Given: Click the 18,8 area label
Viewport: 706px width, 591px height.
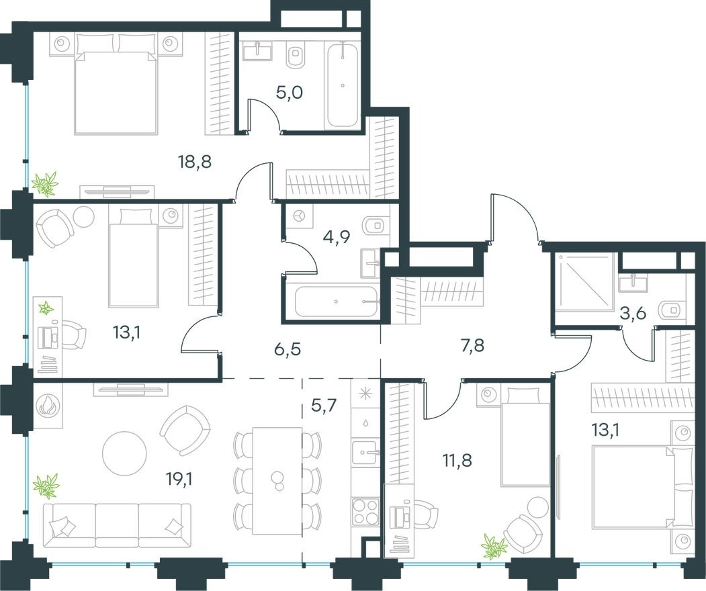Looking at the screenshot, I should [x=195, y=162].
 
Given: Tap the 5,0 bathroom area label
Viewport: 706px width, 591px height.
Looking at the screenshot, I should [x=290, y=92].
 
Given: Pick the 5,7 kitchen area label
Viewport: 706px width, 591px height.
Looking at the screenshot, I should [x=325, y=406].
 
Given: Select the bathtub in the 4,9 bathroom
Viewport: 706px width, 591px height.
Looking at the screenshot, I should [x=337, y=303].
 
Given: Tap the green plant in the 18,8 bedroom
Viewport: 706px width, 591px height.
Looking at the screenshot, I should [x=45, y=183].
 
